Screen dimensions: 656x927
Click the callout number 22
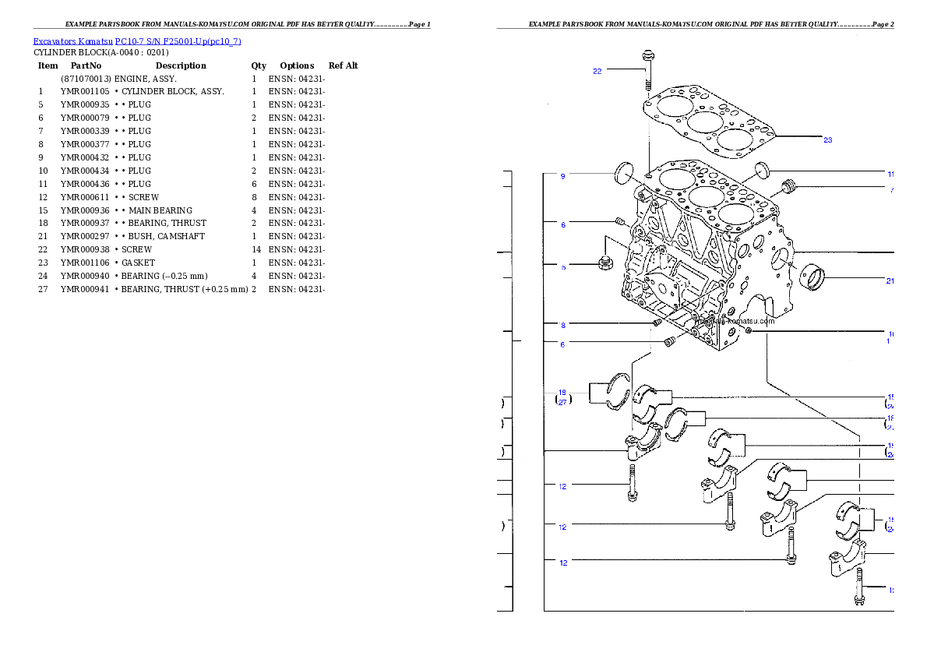[597, 71]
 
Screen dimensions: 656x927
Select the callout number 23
[827, 140]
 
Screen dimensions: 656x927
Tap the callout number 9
[562, 176]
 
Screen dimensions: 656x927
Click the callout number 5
[562, 267]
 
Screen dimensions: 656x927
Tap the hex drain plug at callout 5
[604, 263]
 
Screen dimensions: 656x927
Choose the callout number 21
[890, 281]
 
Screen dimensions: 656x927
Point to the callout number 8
[562, 325]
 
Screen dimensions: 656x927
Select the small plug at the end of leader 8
[657, 323]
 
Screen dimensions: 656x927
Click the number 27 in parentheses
[562, 403]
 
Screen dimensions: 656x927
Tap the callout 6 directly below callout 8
[562, 344]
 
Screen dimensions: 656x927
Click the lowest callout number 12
[562, 563]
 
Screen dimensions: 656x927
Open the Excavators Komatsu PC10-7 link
[137, 41]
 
